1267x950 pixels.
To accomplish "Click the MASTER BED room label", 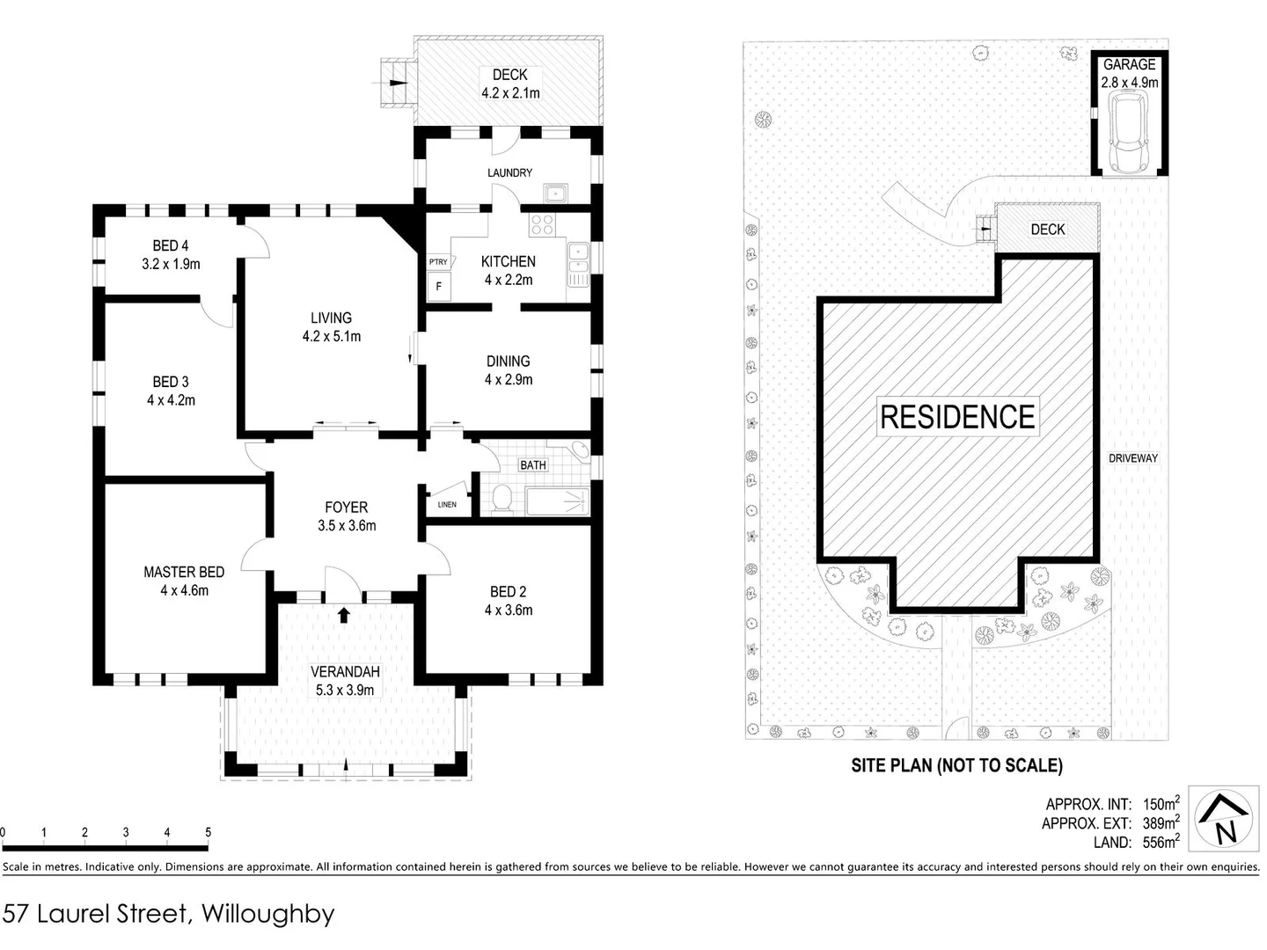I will [x=184, y=572].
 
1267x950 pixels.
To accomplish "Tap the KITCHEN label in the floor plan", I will [x=508, y=261].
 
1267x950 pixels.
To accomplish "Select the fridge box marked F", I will [x=439, y=286].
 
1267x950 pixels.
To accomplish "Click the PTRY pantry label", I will [x=438, y=262].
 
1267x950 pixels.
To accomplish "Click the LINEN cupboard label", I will [x=447, y=504].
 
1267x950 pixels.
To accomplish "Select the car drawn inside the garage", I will [x=1129, y=132].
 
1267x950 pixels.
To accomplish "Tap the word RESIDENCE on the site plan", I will [x=957, y=416].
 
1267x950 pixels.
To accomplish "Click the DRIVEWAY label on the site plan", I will [x=1132, y=458].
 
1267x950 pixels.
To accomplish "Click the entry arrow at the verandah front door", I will [x=344, y=614].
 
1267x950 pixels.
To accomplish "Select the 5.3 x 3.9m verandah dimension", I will [x=345, y=691].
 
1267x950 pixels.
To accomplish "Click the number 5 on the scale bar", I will [x=209, y=832].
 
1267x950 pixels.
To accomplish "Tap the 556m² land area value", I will [x=1161, y=842].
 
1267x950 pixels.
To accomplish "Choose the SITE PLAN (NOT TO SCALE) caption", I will [x=956, y=765].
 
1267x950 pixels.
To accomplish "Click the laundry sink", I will [x=555, y=193].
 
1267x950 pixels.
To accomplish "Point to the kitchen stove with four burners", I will [x=542, y=224].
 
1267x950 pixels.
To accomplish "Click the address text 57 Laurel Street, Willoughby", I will [x=169, y=914].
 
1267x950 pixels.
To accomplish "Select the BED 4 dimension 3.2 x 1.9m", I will [x=171, y=264].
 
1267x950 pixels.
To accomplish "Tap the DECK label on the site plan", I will [x=1047, y=229].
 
